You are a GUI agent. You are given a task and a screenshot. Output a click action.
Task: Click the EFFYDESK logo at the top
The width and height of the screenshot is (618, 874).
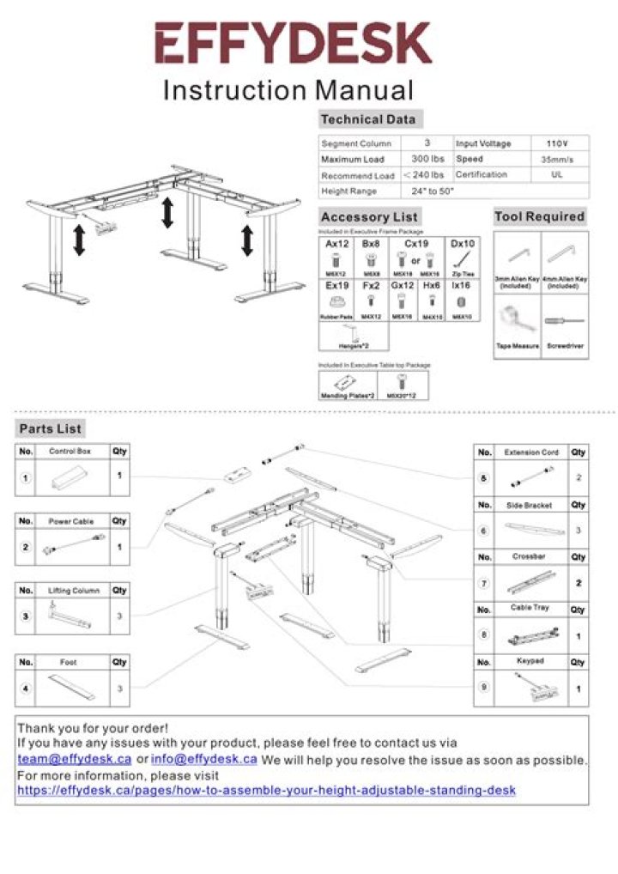point(293,43)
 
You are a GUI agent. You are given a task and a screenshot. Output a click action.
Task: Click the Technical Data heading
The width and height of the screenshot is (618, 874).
point(367,119)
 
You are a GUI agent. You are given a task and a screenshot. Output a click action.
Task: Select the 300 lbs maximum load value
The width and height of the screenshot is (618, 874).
point(427,159)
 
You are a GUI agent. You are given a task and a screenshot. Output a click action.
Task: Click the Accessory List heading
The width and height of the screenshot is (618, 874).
point(369,217)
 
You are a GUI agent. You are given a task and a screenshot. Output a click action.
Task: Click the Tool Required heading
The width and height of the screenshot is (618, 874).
point(540,216)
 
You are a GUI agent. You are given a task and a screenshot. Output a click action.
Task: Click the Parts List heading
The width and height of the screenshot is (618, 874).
point(51,428)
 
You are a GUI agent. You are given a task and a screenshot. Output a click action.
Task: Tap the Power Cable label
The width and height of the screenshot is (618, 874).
point(72,521)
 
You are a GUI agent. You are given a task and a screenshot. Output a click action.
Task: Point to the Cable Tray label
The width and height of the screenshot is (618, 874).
point(530,609)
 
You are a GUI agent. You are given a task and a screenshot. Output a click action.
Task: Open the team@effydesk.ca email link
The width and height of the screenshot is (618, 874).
point(75,759)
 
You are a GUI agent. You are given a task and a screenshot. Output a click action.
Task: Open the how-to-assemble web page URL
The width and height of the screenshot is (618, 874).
point(266,789)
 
